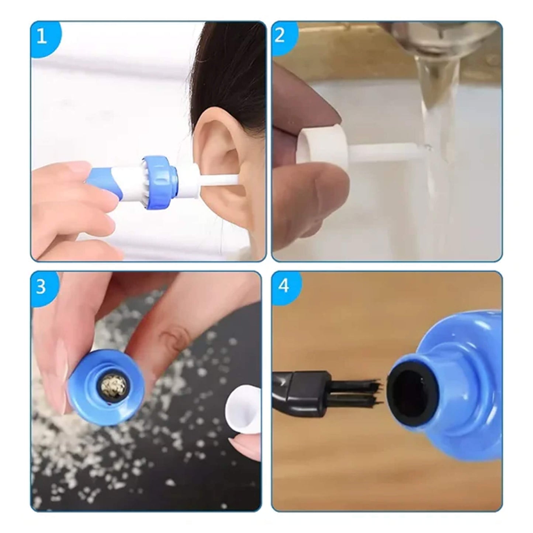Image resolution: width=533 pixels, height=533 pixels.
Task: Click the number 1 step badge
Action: tap(42, 37)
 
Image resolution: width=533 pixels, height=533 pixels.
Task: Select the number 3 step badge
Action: tap(41, 287)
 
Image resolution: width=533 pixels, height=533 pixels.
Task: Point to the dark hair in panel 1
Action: tap(236, 66)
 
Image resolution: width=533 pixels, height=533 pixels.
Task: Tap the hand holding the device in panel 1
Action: tap(74, 207)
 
